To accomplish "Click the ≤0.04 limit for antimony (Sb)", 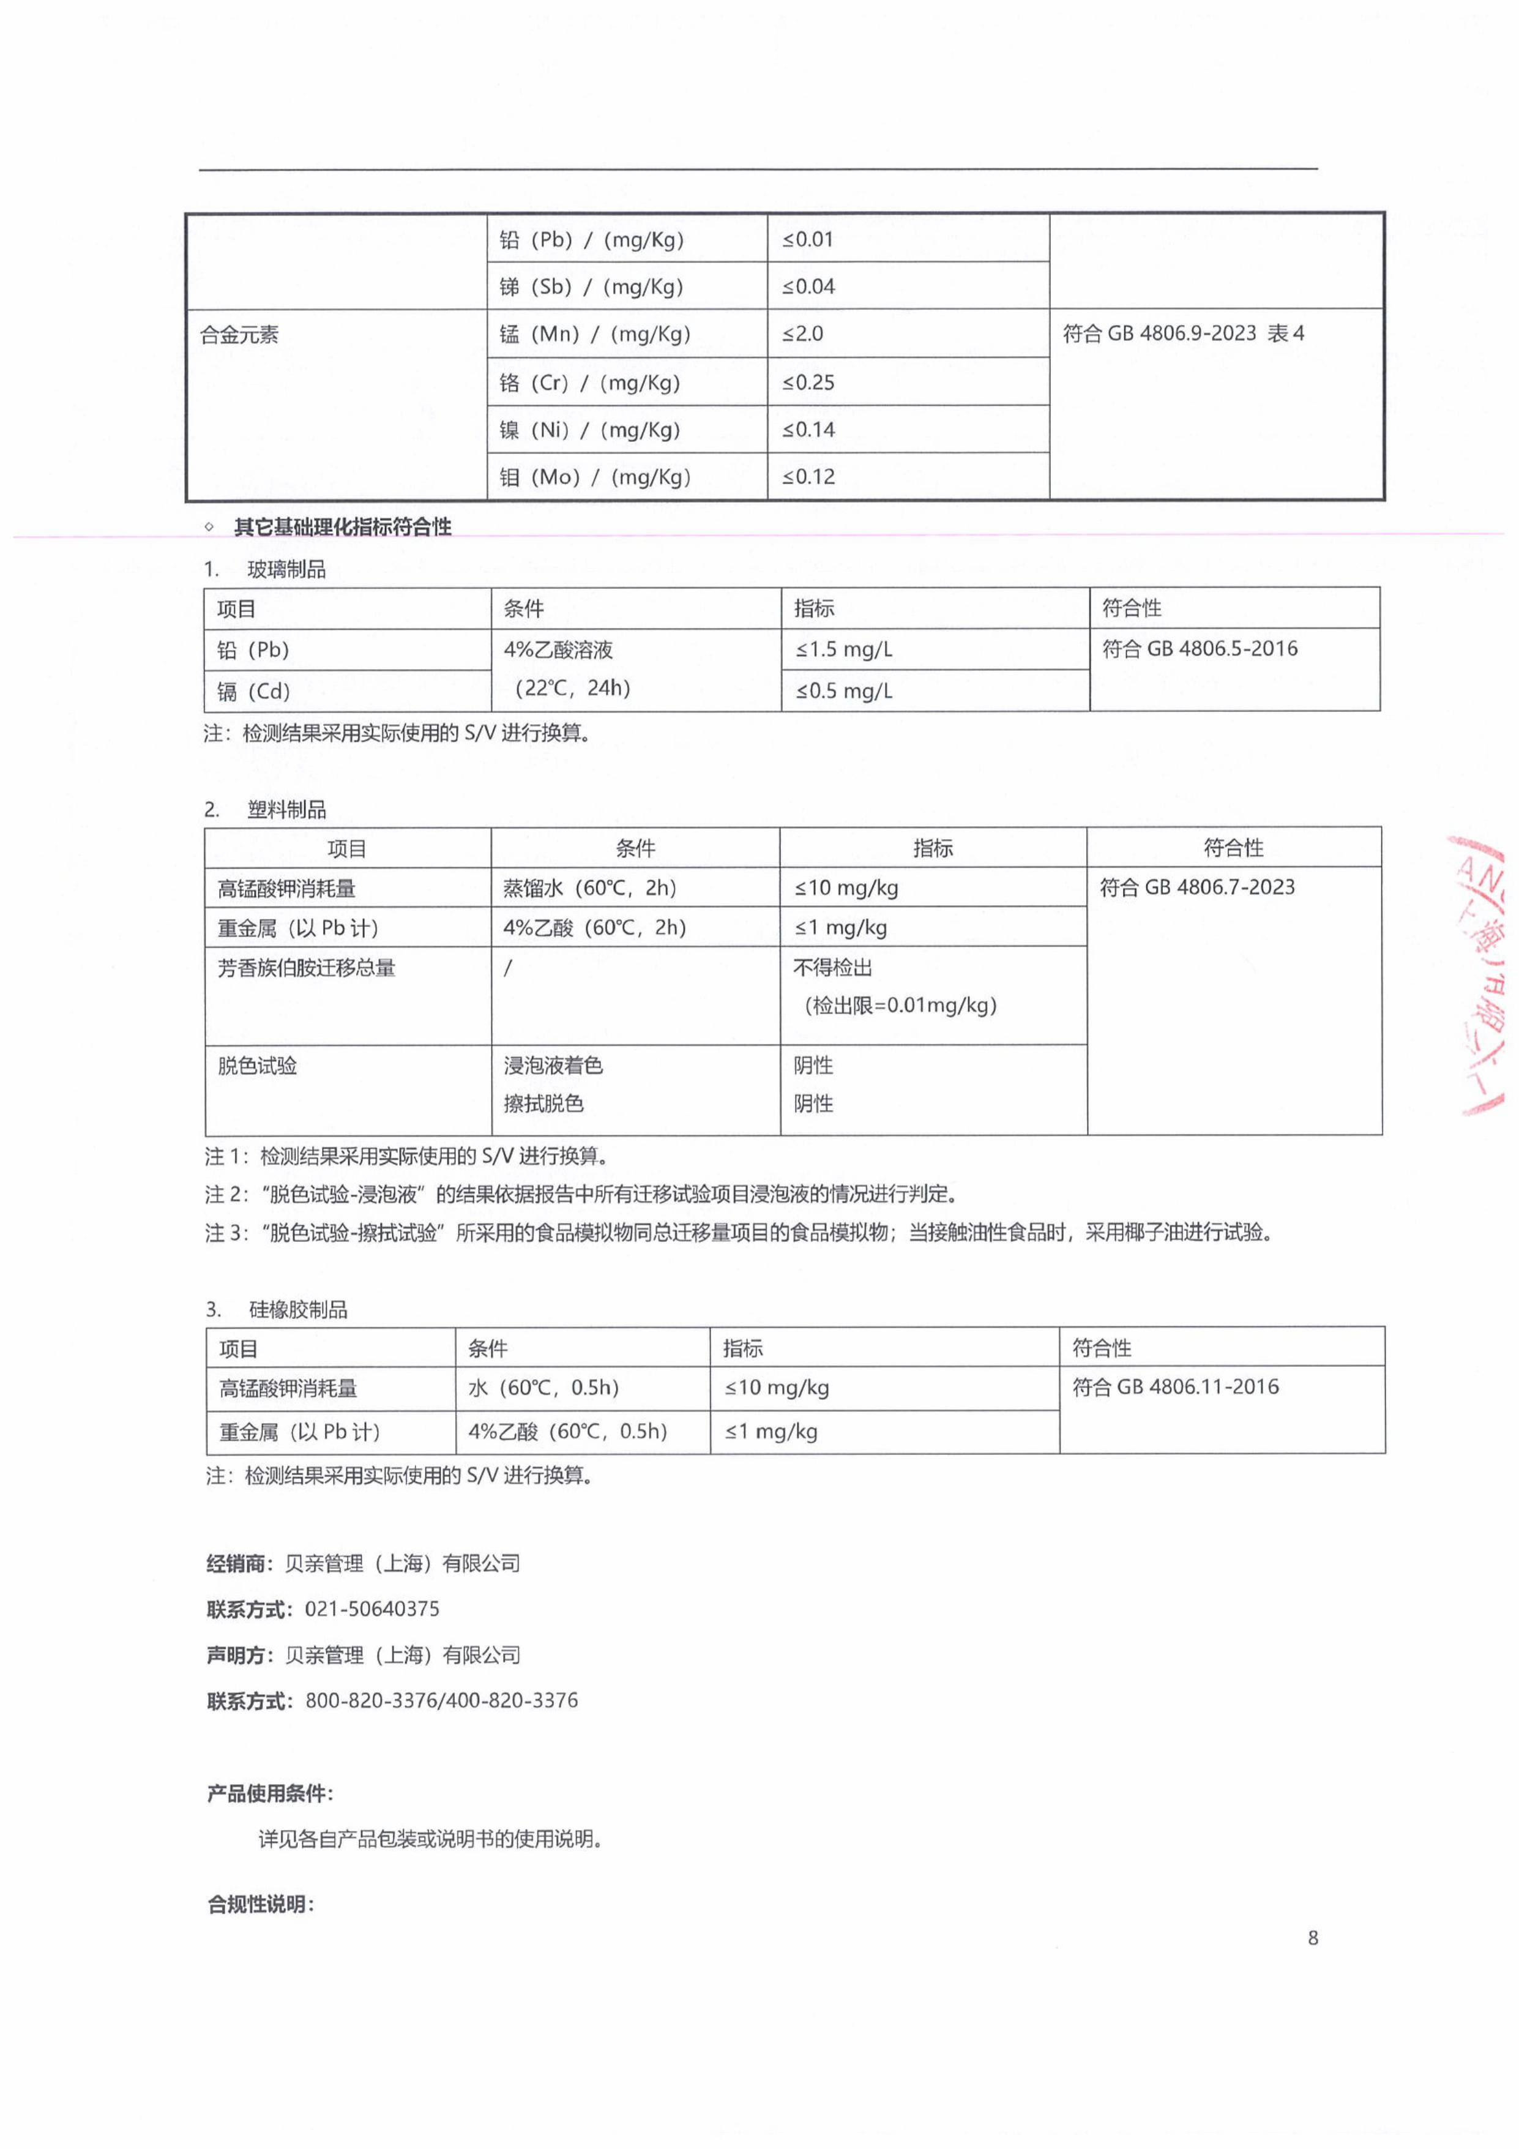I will tap(808, 286).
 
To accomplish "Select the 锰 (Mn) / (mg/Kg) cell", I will tap(594, 334).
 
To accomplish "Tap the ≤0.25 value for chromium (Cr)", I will tap(808, 382).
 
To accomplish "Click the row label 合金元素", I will tap(239, 335).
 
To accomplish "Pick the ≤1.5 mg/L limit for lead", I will tap(844, 649).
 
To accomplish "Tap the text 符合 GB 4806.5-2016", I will tap(1200, 648).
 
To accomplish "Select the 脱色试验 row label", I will tap(258, 1065).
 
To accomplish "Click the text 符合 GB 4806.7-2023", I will tap(1197, 886).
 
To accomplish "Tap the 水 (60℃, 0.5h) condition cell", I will tap(544, 1387).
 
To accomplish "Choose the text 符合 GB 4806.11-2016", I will tap(1176, 1386).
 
